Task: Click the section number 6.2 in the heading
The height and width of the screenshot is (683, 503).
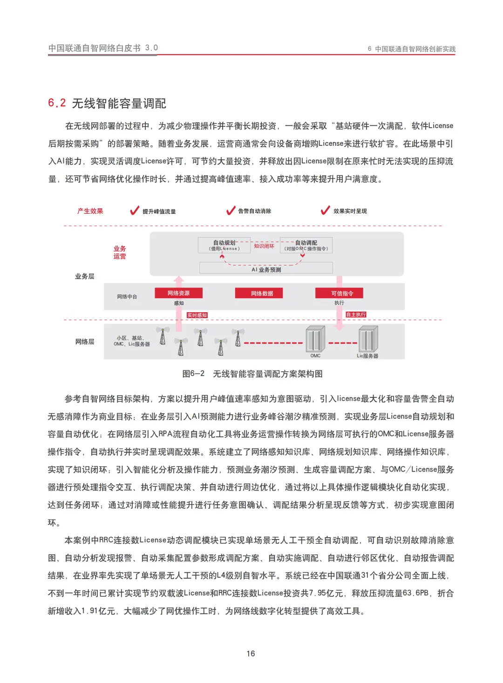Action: coord(57,103)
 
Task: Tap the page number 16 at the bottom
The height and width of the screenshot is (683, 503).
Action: coord(251,654)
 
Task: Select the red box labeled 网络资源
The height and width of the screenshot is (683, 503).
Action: coord(178,293)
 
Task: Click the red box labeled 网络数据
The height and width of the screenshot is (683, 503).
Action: coord(262,293)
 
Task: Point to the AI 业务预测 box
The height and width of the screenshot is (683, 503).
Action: coord(266,269)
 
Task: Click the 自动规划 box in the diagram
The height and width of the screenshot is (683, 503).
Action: coord(224,245)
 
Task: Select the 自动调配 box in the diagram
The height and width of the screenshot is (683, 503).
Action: coord(306,245)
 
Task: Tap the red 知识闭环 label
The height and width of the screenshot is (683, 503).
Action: coord(264,246)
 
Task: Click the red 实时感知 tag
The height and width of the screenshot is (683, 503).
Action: coord(197,315)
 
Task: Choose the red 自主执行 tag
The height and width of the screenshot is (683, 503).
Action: coord(356,315)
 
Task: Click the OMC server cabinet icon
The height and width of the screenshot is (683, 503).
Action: coord(315,339)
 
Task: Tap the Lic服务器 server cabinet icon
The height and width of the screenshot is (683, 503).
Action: coord(367,339)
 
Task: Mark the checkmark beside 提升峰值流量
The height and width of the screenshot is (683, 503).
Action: coord(135,211)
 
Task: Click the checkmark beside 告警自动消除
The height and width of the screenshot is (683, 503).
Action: coord(231,211)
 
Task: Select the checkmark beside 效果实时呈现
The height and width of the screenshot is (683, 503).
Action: coord(325,211)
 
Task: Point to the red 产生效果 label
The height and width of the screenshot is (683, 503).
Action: coord(90,211)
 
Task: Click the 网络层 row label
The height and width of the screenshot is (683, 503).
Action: coord(85,342)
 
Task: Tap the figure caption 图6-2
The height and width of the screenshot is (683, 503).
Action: coord(193,374)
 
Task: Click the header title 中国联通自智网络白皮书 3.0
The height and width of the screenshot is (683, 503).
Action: coord(103,48)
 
